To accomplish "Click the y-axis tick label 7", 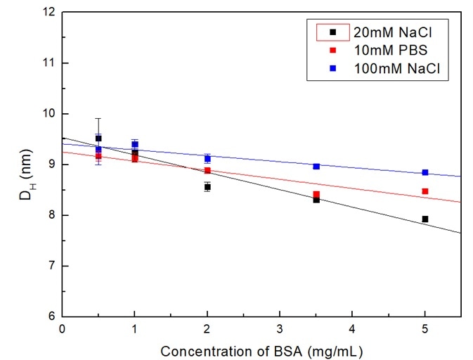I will click(53, 266).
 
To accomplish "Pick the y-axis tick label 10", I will click(49, 114).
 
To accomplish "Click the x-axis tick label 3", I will click(279, 328).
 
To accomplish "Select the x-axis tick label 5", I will click(425, 328).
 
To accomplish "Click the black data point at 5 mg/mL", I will click(425, 219).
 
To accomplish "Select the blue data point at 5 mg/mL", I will click(425, 172).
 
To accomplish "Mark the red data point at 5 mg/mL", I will click(425, 191).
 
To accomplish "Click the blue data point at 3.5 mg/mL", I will click(316, 166).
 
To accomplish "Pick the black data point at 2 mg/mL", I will click(207, 187).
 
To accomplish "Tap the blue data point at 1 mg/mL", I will click(135, 144).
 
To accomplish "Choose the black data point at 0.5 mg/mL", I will click(98, 139).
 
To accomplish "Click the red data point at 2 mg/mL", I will click(207, 170).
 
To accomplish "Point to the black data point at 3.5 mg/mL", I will click(316, 200).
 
